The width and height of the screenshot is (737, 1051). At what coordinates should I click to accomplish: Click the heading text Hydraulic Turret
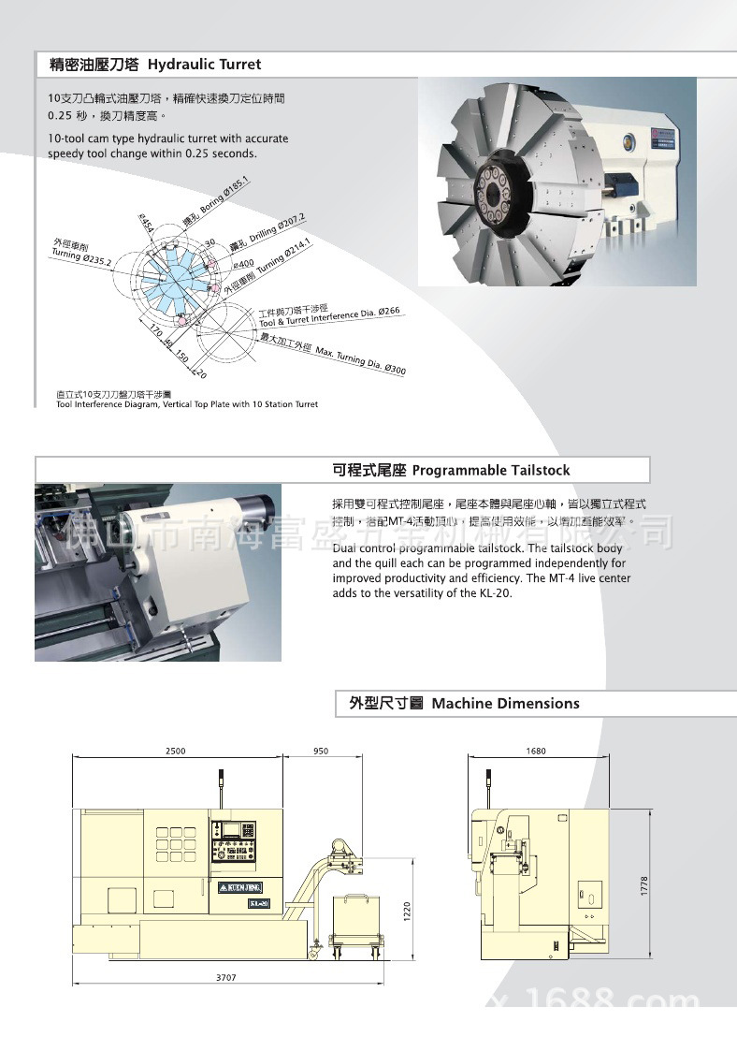tap(205, 65)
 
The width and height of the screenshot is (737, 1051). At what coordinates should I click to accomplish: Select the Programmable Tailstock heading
tap(491, 470)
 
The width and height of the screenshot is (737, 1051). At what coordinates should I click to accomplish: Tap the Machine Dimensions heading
tap(505, 704)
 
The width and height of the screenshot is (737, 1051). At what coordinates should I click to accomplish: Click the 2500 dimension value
tap(176, 752)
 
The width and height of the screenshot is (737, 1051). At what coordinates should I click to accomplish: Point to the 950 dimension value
tap(321, 752)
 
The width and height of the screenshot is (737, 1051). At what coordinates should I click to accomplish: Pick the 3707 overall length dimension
tap(225, 977)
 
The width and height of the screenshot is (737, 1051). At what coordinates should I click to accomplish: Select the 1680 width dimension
tap(536, 752)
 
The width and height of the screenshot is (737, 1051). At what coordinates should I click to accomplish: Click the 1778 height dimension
tap(644, 885)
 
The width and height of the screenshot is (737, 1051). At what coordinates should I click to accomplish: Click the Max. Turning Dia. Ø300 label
tap(360, 361)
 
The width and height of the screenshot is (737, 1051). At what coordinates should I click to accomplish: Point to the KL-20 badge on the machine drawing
tap(259, 903)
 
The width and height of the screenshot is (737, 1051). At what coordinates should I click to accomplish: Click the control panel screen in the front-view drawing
tap(227, 829)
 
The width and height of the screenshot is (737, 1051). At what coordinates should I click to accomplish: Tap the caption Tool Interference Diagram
tap(187, 404)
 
